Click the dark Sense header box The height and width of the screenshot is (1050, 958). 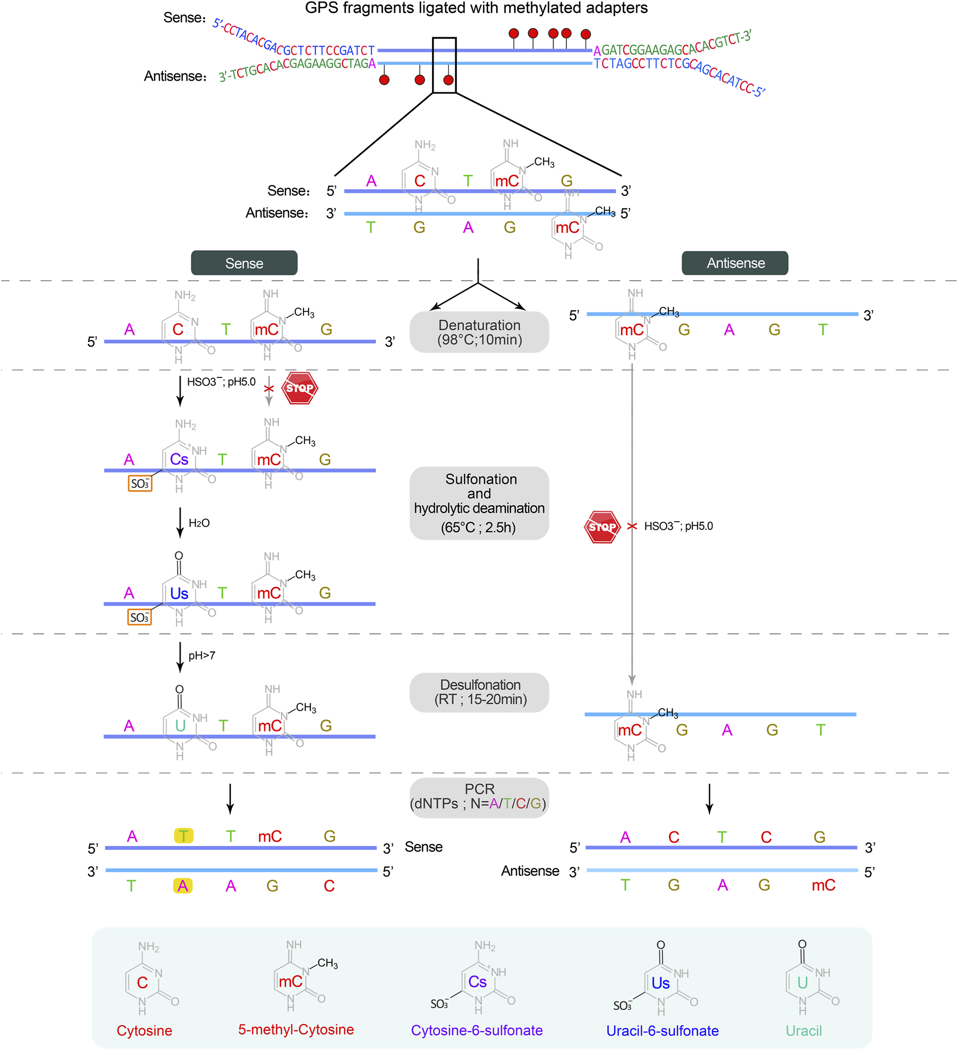(x=244, y=263)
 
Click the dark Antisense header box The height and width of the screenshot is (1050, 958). (x=735, y=263)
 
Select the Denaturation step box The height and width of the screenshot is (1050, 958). (x=479, y=332)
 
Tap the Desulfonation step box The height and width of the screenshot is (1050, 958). (x=479, y=692)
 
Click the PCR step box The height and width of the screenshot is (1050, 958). (x=479, y=797)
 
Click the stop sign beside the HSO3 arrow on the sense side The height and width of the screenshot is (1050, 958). (x=300, y=388)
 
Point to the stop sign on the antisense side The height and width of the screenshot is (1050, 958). (x=602, y=527)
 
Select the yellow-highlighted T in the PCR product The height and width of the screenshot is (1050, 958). (x=184, y=836)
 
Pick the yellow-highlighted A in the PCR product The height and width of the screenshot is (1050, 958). (x=183, y=886)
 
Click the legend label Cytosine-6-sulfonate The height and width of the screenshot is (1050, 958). (x=476, y=1030)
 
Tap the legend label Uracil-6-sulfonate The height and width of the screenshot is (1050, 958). (x=662, y=1031)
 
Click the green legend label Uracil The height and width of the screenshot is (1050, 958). (x=803, y=1031)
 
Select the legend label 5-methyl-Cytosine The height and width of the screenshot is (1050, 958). (x=296, y=1029)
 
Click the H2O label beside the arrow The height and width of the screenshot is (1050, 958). (x=199, y=523)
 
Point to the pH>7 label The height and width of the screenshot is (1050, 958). (x=202, y=655)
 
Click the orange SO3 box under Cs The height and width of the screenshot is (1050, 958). (x=140, y=483)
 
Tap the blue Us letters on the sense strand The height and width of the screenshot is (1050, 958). (x=179, y=594)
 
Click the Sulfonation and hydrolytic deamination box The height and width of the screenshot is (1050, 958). (x=479, y=503)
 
